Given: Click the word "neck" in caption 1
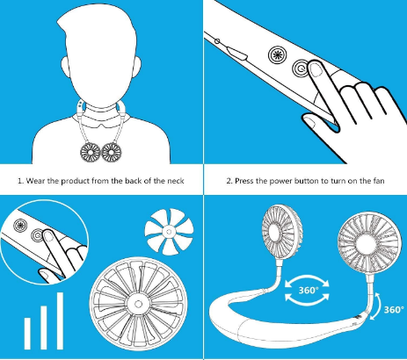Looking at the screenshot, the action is (176, 181).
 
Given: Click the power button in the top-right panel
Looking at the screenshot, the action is (301, 68).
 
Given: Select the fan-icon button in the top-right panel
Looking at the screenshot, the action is (277, 54).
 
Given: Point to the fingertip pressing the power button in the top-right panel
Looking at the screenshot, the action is (316, 68).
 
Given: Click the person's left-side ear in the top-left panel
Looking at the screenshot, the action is (65, 67).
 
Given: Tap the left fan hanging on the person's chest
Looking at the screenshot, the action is (91, 153).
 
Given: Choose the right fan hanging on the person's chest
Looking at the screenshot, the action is (112, 153).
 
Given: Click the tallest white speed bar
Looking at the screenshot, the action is (60, 320).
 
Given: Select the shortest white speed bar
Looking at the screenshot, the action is (27, 334).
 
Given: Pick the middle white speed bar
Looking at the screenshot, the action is (44, 328).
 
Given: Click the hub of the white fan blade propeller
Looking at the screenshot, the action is (169, 232).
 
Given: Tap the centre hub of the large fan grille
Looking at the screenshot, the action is (138, 304).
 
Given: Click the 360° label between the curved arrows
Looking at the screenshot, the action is (309, 291).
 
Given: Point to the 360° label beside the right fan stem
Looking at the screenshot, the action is (394, 310).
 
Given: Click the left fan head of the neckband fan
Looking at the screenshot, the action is (281, 232).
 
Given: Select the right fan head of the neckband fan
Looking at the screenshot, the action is (370, 243).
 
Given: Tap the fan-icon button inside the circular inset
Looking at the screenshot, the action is (20, 225).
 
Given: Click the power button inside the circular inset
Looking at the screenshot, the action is (38, 234).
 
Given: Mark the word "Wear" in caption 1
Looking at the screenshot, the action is (35, 181).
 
